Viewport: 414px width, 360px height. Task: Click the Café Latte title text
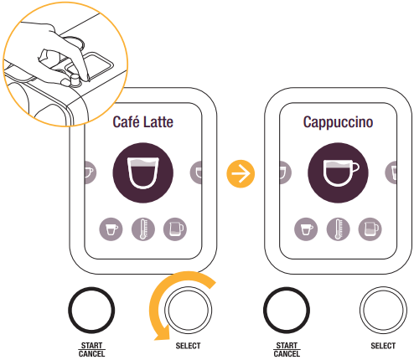pyautogui.click(x=142, y=123)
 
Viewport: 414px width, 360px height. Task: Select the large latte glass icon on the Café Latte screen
pyautogui.click(x=142, y=173)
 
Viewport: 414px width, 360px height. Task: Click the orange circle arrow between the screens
pyautogui.click(x=241, y=174)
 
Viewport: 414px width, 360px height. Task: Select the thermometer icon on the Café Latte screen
pyautogui.click(x=142, y=228)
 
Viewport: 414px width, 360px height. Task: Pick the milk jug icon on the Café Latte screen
pyautogui.click(x=174, y=228)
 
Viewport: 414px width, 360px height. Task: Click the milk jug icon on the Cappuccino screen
pyautogui.click(x=369, y=228)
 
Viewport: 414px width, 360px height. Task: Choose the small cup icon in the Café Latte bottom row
pyautogui.click(x=111, y=228)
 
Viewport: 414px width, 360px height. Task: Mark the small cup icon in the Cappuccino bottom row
pyautogui.click(x=306, y=228)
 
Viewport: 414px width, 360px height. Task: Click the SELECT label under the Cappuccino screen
pyautogui.click(x=382, y=346)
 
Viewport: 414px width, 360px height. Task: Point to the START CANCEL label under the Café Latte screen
pyautogui.click(x=92, y=349)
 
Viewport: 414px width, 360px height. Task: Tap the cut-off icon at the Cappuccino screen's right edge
pyautogui.click(x=391, y=173)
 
